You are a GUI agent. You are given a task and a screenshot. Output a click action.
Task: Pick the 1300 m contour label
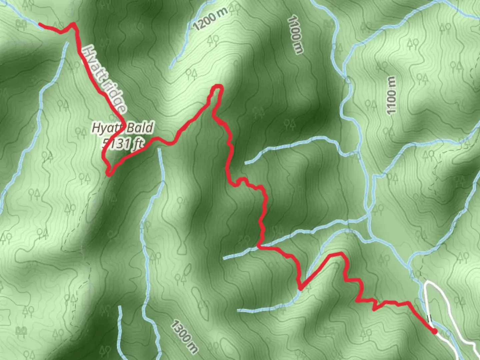(184, 337)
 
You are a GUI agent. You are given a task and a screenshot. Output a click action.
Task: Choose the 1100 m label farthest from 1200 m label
(391, 95)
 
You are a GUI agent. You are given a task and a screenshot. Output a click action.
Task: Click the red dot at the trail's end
(434, 331)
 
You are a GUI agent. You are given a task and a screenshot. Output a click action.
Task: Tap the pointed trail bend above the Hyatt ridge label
(73, 24)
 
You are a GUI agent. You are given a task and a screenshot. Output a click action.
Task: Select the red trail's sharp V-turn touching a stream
(300, 288)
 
